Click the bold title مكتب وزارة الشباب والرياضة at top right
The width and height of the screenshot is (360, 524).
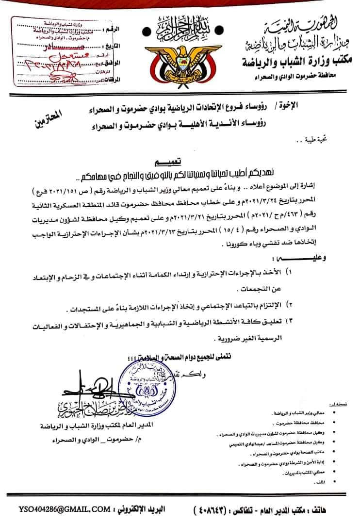[297, 62]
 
